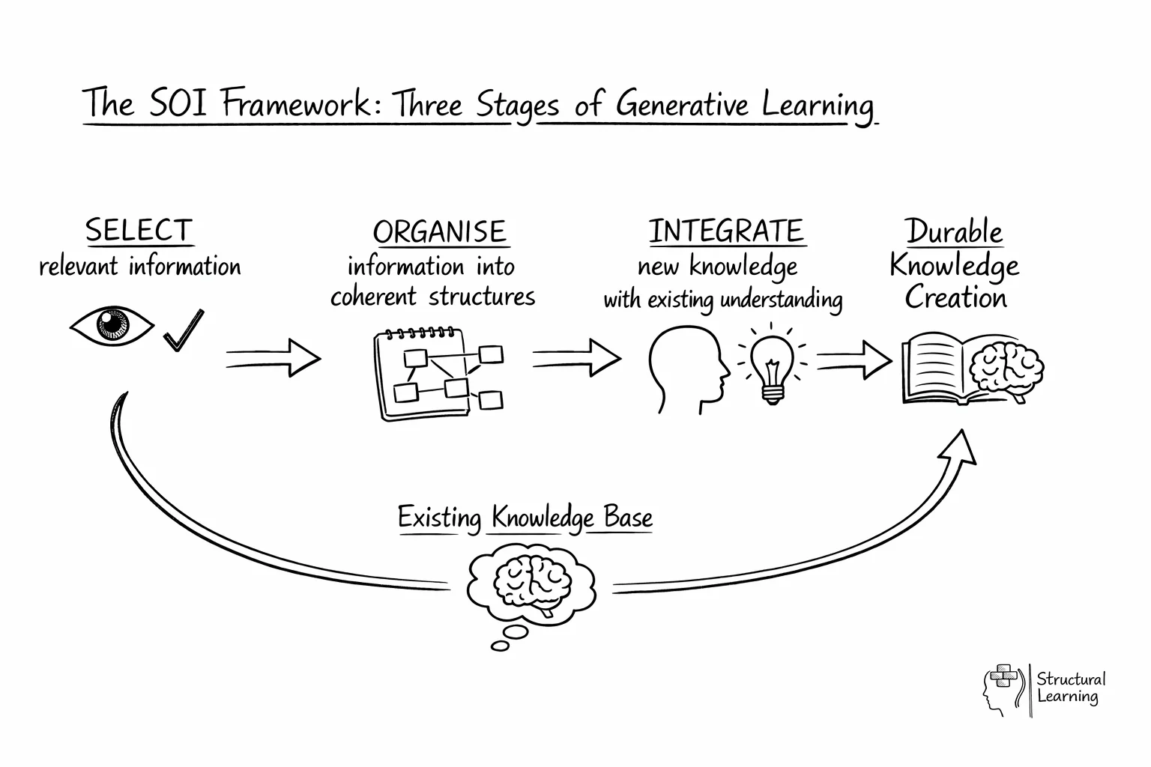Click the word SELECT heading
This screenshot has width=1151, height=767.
(x=139, y=231)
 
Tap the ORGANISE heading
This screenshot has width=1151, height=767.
(x=440, y=232)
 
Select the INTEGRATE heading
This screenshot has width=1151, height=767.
(x=726, y=231)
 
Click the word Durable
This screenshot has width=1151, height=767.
(x=954, y=232)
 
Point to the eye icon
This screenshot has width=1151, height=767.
(x=112, y=326)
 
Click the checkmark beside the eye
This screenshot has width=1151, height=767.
(x=184, y=330)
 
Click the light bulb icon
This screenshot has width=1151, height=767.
(x=773, y=365)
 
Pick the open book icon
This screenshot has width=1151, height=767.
(x=937, y=371)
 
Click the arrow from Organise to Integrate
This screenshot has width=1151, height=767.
(x=576, y=358)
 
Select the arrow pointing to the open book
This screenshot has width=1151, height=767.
(x=854, y=360)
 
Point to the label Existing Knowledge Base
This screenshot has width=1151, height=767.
(x=525, y=518)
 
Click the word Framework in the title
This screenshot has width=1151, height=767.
(x=296, y=104)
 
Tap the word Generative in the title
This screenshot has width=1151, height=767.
(x=682, y=104)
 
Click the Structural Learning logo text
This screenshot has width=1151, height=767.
(x=1069, y=688)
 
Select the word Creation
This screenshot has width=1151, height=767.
(x=955, y=298)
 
